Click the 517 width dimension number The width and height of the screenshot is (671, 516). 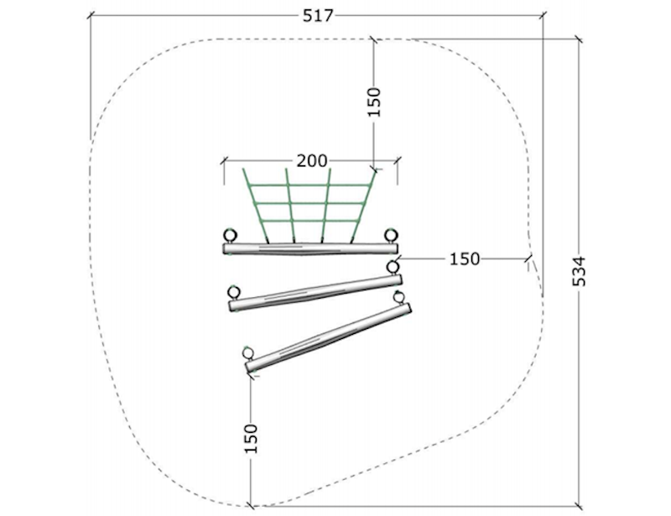click(318, 16)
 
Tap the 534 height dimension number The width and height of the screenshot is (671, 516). click(579, 272)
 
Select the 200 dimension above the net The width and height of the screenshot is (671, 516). click(312, 161)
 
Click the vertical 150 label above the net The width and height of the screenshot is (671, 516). click(373, 102)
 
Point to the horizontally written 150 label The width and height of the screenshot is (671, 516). click(465, 258)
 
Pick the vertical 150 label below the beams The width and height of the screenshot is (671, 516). click(251, 439)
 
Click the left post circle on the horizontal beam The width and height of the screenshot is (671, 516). click(230, 236)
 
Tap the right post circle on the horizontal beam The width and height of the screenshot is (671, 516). click(391, 235)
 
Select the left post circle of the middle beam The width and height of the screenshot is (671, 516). click(234, 293)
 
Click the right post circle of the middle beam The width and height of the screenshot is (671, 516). click(393, 267)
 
